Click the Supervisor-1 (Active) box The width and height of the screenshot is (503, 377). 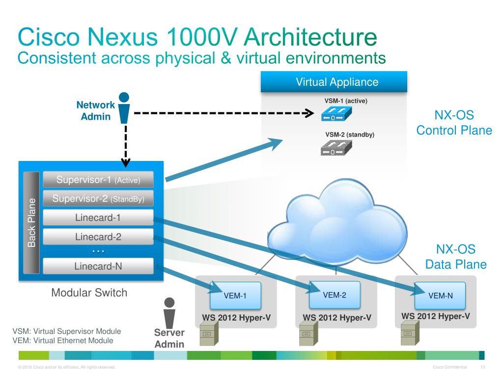click(x=98, y=180)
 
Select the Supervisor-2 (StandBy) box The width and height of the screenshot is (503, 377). click(x=98, y=199)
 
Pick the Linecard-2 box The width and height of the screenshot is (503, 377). click(x=98, y=237)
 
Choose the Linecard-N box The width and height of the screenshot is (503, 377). click(x=98, y=266)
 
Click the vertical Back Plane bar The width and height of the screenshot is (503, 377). click(x=32, y=222)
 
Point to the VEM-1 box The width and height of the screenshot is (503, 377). click(x=235, y=295)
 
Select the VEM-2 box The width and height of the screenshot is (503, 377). click(x=335, y=294)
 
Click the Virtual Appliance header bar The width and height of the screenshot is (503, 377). click(x=334, y=82)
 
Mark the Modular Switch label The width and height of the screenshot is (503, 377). click(x=89, y=293)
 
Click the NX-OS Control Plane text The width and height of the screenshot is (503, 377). click(x=454, y=123)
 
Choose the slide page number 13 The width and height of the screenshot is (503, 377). click(x=482, y=368)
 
